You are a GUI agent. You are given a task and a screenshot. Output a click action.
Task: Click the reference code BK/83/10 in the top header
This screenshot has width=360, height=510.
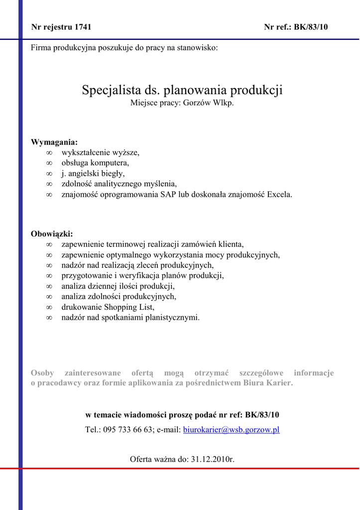311,27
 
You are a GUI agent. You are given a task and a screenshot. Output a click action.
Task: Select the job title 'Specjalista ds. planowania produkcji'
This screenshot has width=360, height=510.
182,90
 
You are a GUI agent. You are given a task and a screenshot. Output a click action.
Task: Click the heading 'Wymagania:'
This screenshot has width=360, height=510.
54,142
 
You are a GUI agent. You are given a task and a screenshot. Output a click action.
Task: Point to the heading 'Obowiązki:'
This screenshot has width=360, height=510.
52,234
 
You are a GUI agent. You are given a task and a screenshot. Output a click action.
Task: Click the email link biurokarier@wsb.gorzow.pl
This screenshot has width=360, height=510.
232,429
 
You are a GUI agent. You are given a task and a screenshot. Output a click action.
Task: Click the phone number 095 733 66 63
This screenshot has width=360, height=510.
128,429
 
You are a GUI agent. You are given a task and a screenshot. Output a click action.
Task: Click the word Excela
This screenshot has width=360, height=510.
280,194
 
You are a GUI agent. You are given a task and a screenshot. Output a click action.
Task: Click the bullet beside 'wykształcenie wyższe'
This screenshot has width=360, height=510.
49,152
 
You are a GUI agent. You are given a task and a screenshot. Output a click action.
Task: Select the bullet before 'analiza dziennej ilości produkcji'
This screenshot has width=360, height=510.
49,286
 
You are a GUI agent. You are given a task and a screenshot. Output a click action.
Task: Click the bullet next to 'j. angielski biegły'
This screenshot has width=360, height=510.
49,174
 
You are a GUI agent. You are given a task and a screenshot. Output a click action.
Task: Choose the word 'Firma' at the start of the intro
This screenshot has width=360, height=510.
41,48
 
